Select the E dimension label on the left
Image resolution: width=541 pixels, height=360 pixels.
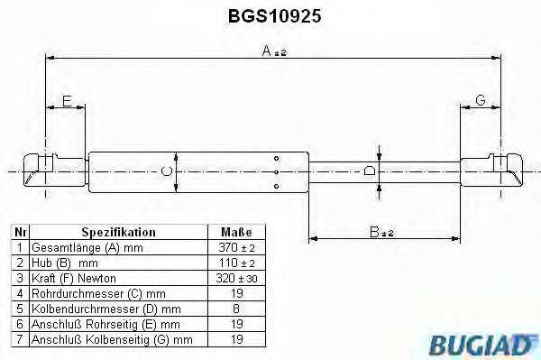66,101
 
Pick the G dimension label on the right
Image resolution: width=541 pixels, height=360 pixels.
481,101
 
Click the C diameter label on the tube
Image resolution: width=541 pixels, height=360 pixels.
164,171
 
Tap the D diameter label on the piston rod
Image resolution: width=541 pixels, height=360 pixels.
368,171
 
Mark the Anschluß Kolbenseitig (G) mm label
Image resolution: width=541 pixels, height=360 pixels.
109,339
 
